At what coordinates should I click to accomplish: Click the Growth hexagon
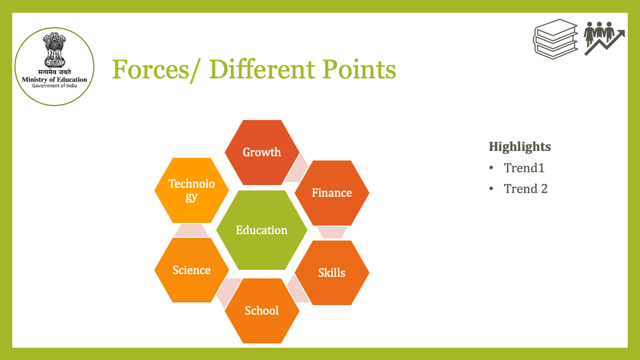point(262,153)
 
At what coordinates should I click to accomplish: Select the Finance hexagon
point(332,193)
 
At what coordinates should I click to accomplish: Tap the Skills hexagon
point(332,273)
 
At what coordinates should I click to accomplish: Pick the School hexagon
point(262,311)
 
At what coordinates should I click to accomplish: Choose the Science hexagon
point(191,270)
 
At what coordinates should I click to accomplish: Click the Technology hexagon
point(191,190)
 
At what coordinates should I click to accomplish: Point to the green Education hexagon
point(262,230)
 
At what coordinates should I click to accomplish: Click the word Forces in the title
point(150,69)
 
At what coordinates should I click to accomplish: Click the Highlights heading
point(520,147)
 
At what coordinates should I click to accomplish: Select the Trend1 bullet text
point(524,167)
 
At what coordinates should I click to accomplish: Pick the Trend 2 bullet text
point(526,189)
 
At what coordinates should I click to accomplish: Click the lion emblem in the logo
point(54,50)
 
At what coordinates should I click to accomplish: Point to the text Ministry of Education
point(54,79)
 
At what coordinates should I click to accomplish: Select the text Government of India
point(54,86)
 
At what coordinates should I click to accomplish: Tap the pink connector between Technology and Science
point(191,230)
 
